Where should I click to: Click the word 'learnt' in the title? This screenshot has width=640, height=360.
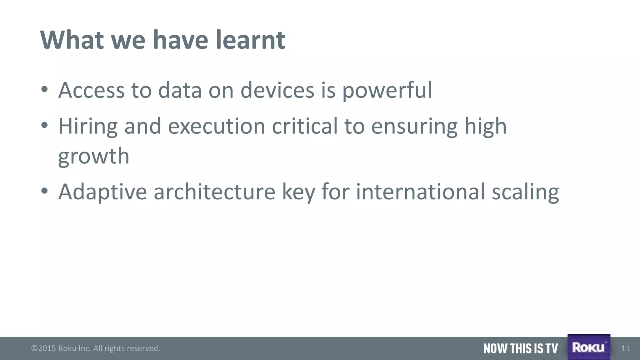tap(250, 40)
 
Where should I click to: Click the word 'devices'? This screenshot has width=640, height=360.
tap(277, 90)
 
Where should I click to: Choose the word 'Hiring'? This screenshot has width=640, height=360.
tap(88, 127)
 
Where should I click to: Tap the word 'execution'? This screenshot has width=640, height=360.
tap(217, 126)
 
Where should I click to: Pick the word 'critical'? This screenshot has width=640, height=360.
tap(305, 126)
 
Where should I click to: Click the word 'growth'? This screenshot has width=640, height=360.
tap(94, 156)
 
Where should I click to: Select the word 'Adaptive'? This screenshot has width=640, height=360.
tap(102, 192)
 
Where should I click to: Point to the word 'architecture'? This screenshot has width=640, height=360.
tap(214, 192)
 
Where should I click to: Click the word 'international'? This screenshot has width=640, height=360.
tap(420, 192)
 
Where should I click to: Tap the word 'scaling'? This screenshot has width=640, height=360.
tap(525, 192)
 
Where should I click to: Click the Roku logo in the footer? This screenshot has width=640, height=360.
tap(589, 347)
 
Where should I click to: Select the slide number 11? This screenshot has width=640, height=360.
tap(625, 348)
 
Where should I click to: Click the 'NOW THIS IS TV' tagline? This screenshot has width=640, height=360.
tap(520, 348)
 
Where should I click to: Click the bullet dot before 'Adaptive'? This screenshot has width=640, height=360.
tap(44, 191)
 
